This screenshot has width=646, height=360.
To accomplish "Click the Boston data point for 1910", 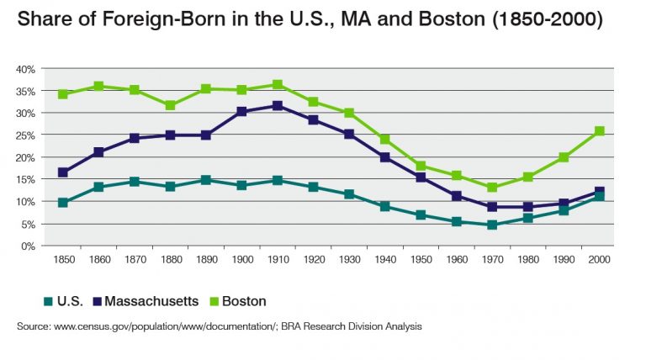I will (278, 85).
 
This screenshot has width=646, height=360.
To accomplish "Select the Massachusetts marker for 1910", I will (278, 106).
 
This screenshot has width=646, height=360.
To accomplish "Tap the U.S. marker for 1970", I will (492, 225).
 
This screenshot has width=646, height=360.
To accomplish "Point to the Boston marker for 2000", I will (600, 131).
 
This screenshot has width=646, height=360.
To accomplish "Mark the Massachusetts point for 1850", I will (63, 172).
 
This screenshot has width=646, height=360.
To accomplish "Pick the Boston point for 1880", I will (170, 105).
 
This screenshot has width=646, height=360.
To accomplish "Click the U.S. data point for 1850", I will (63, 203).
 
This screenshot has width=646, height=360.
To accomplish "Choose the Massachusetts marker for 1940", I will (384, 157).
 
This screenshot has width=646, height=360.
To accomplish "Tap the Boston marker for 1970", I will (492, 188).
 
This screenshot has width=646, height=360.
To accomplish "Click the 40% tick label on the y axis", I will (24, 68).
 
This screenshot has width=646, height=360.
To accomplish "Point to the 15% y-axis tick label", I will (24, 179).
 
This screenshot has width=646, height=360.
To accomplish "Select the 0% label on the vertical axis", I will (27, 246).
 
